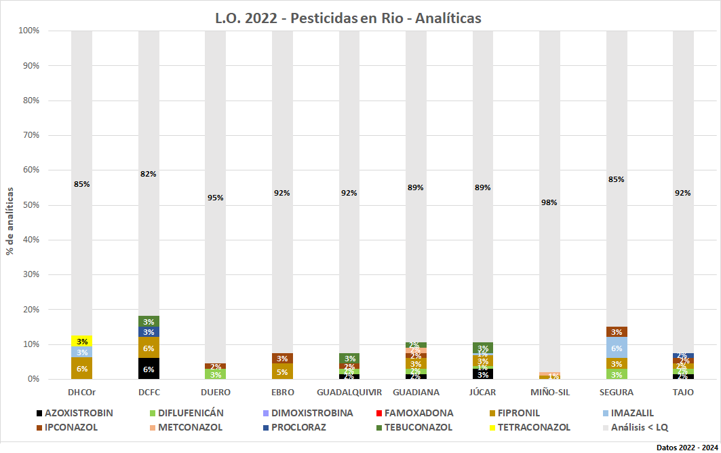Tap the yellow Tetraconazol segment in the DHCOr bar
[81, 340]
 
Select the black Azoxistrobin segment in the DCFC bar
[149, 369]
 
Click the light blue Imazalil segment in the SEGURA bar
[617, 348]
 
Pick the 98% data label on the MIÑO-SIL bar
[549, 202]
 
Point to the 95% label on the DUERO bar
[215, 198]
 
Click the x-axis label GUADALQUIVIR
[349, 393]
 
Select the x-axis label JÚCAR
[482, 393]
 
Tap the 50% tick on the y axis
[29, 205]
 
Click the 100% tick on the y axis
[28, 31]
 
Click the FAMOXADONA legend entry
[413, 413]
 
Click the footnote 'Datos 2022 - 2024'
[686, 447]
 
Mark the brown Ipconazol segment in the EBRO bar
[282, 358]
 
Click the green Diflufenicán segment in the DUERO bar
[215, 374]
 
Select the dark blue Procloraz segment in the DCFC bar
[149, 332]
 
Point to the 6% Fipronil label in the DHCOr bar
[81, 369]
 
